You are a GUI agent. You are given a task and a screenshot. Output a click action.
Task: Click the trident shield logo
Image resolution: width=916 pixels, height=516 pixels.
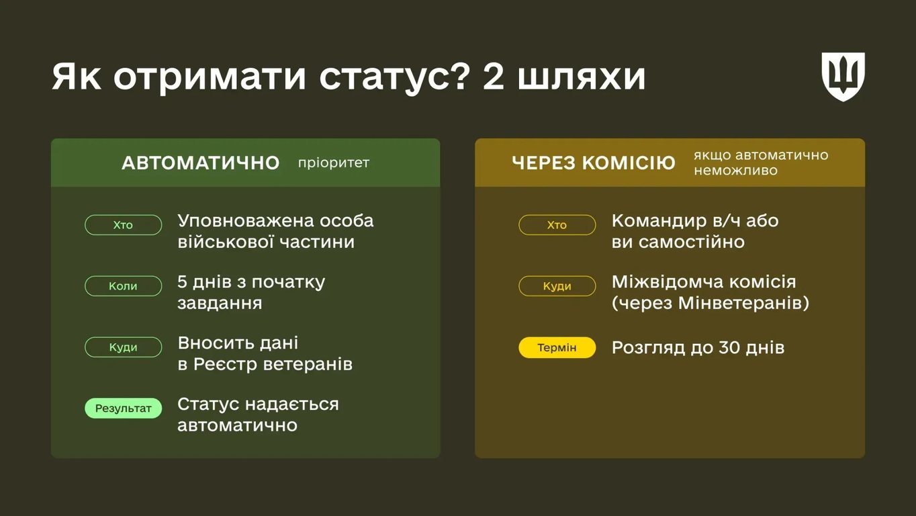[843, 77]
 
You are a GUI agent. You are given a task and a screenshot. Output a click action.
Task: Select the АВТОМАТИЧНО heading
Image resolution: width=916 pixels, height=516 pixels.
[200, 163]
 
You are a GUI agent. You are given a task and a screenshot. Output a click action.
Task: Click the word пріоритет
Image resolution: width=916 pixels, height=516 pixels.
[334, 163]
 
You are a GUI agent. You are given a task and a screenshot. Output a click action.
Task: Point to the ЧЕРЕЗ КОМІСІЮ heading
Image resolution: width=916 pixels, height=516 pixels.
[593, 163]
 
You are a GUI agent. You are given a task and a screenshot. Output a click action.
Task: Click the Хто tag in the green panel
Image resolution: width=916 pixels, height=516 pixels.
[123, 225]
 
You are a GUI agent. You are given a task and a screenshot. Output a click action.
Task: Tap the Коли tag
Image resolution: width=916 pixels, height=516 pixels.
[123, 286]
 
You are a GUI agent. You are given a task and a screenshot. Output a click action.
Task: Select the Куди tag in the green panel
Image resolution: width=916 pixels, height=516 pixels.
[123, 347]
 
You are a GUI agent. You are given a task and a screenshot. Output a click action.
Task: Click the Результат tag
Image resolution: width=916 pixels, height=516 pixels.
[123, 408]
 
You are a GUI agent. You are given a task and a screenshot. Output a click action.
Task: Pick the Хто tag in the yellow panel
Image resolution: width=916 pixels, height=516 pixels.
[557, 225]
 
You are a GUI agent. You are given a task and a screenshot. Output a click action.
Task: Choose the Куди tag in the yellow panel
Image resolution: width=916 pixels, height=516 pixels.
[557, 286]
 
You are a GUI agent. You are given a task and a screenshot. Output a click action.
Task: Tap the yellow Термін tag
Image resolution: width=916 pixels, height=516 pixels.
[557, 347]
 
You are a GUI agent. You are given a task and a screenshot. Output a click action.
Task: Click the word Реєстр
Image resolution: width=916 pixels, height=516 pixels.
[225, 364]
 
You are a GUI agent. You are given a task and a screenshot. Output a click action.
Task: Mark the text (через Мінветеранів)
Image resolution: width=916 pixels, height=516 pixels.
[710, 303]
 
